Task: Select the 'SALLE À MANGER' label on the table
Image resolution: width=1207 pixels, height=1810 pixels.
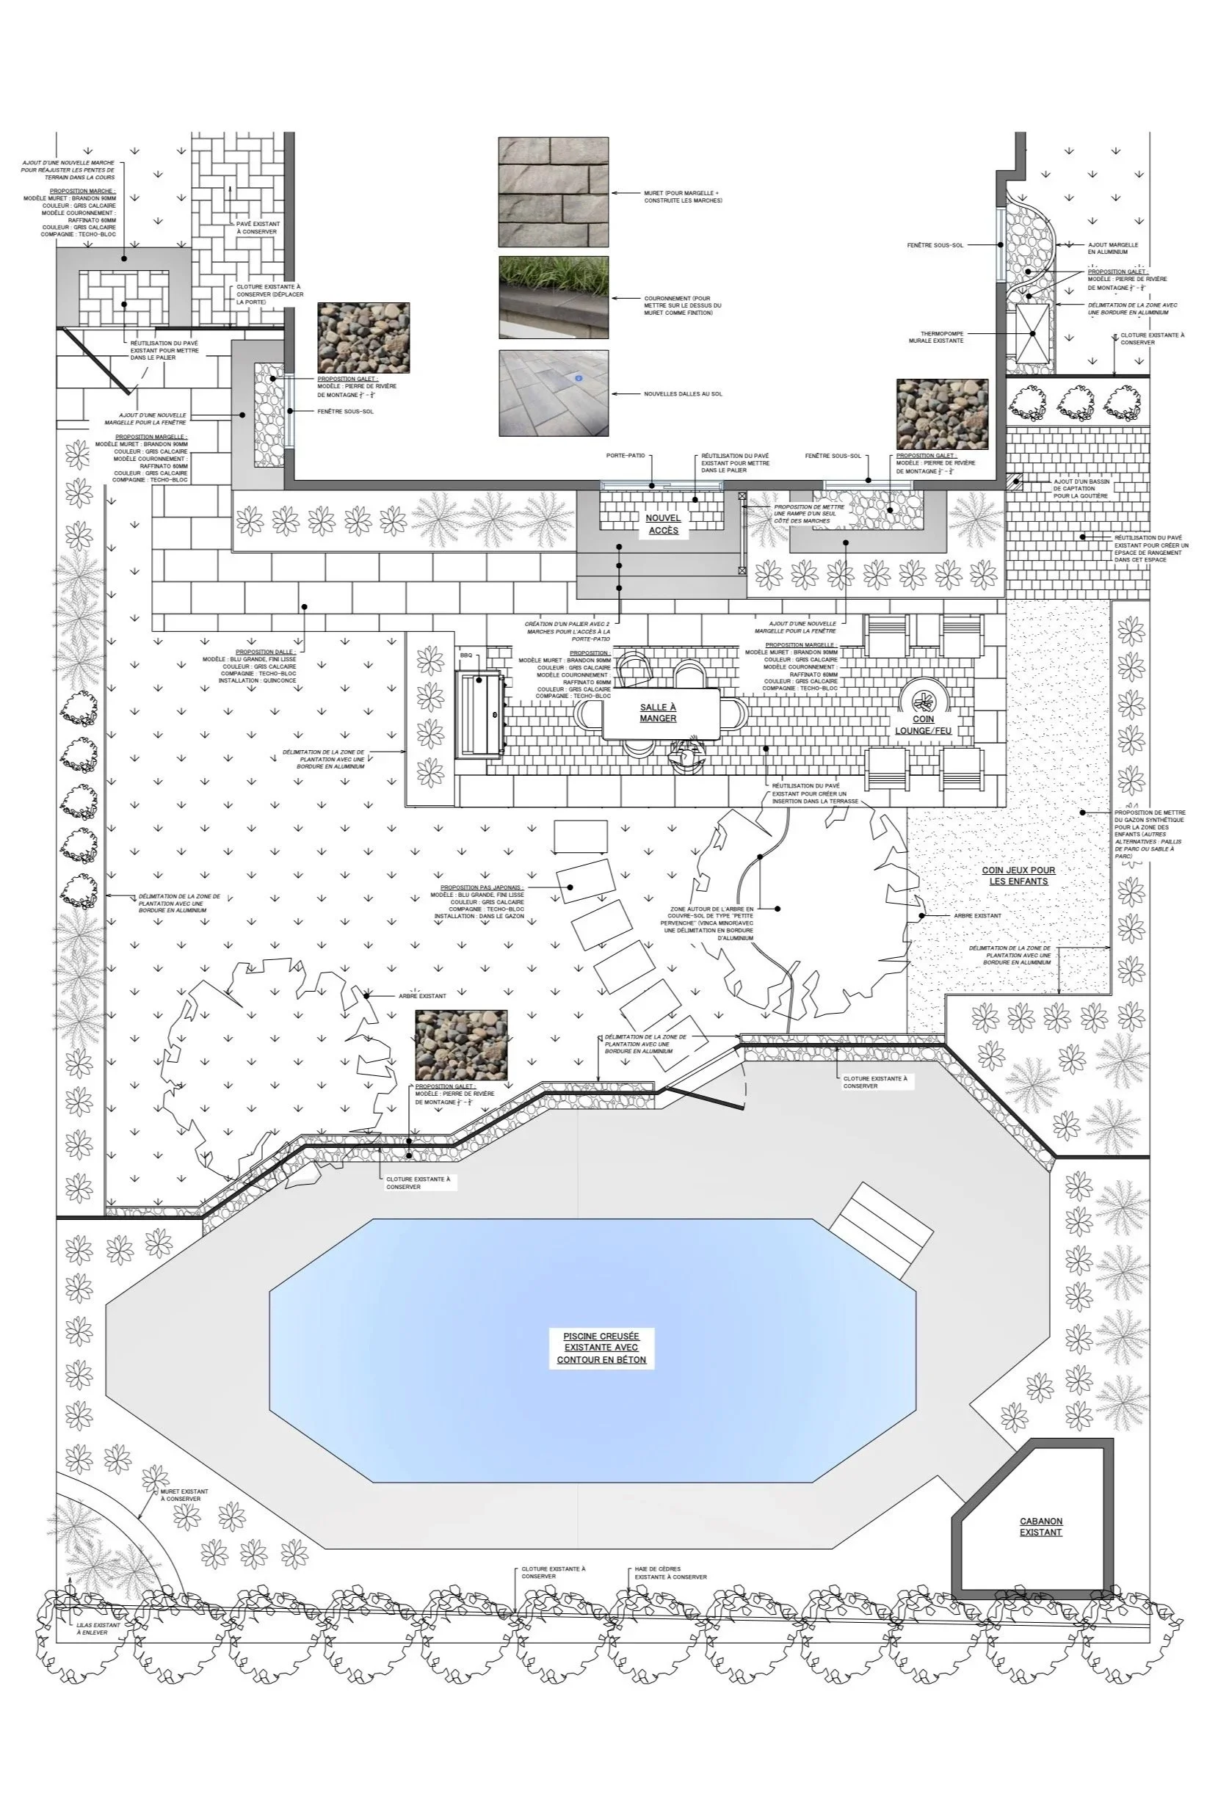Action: (658, 713)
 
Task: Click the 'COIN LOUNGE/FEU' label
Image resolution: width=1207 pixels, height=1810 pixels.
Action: (924, 724)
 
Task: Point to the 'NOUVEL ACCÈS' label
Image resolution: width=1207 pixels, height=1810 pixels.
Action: (663, 524)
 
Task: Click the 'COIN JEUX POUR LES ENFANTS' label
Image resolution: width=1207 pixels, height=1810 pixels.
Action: (1018, 876)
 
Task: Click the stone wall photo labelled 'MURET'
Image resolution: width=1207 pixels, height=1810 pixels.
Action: (553, 192)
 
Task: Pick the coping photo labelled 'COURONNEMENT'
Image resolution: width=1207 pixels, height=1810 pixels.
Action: (553, 297)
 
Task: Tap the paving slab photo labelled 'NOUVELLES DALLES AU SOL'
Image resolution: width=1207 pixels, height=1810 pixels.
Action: (553, 393)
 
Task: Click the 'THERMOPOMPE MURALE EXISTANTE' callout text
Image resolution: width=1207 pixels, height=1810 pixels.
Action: (935, 336)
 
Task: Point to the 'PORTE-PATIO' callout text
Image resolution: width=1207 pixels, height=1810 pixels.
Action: (624, 456)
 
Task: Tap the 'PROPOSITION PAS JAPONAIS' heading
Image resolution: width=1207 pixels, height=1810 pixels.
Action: (482, 887)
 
